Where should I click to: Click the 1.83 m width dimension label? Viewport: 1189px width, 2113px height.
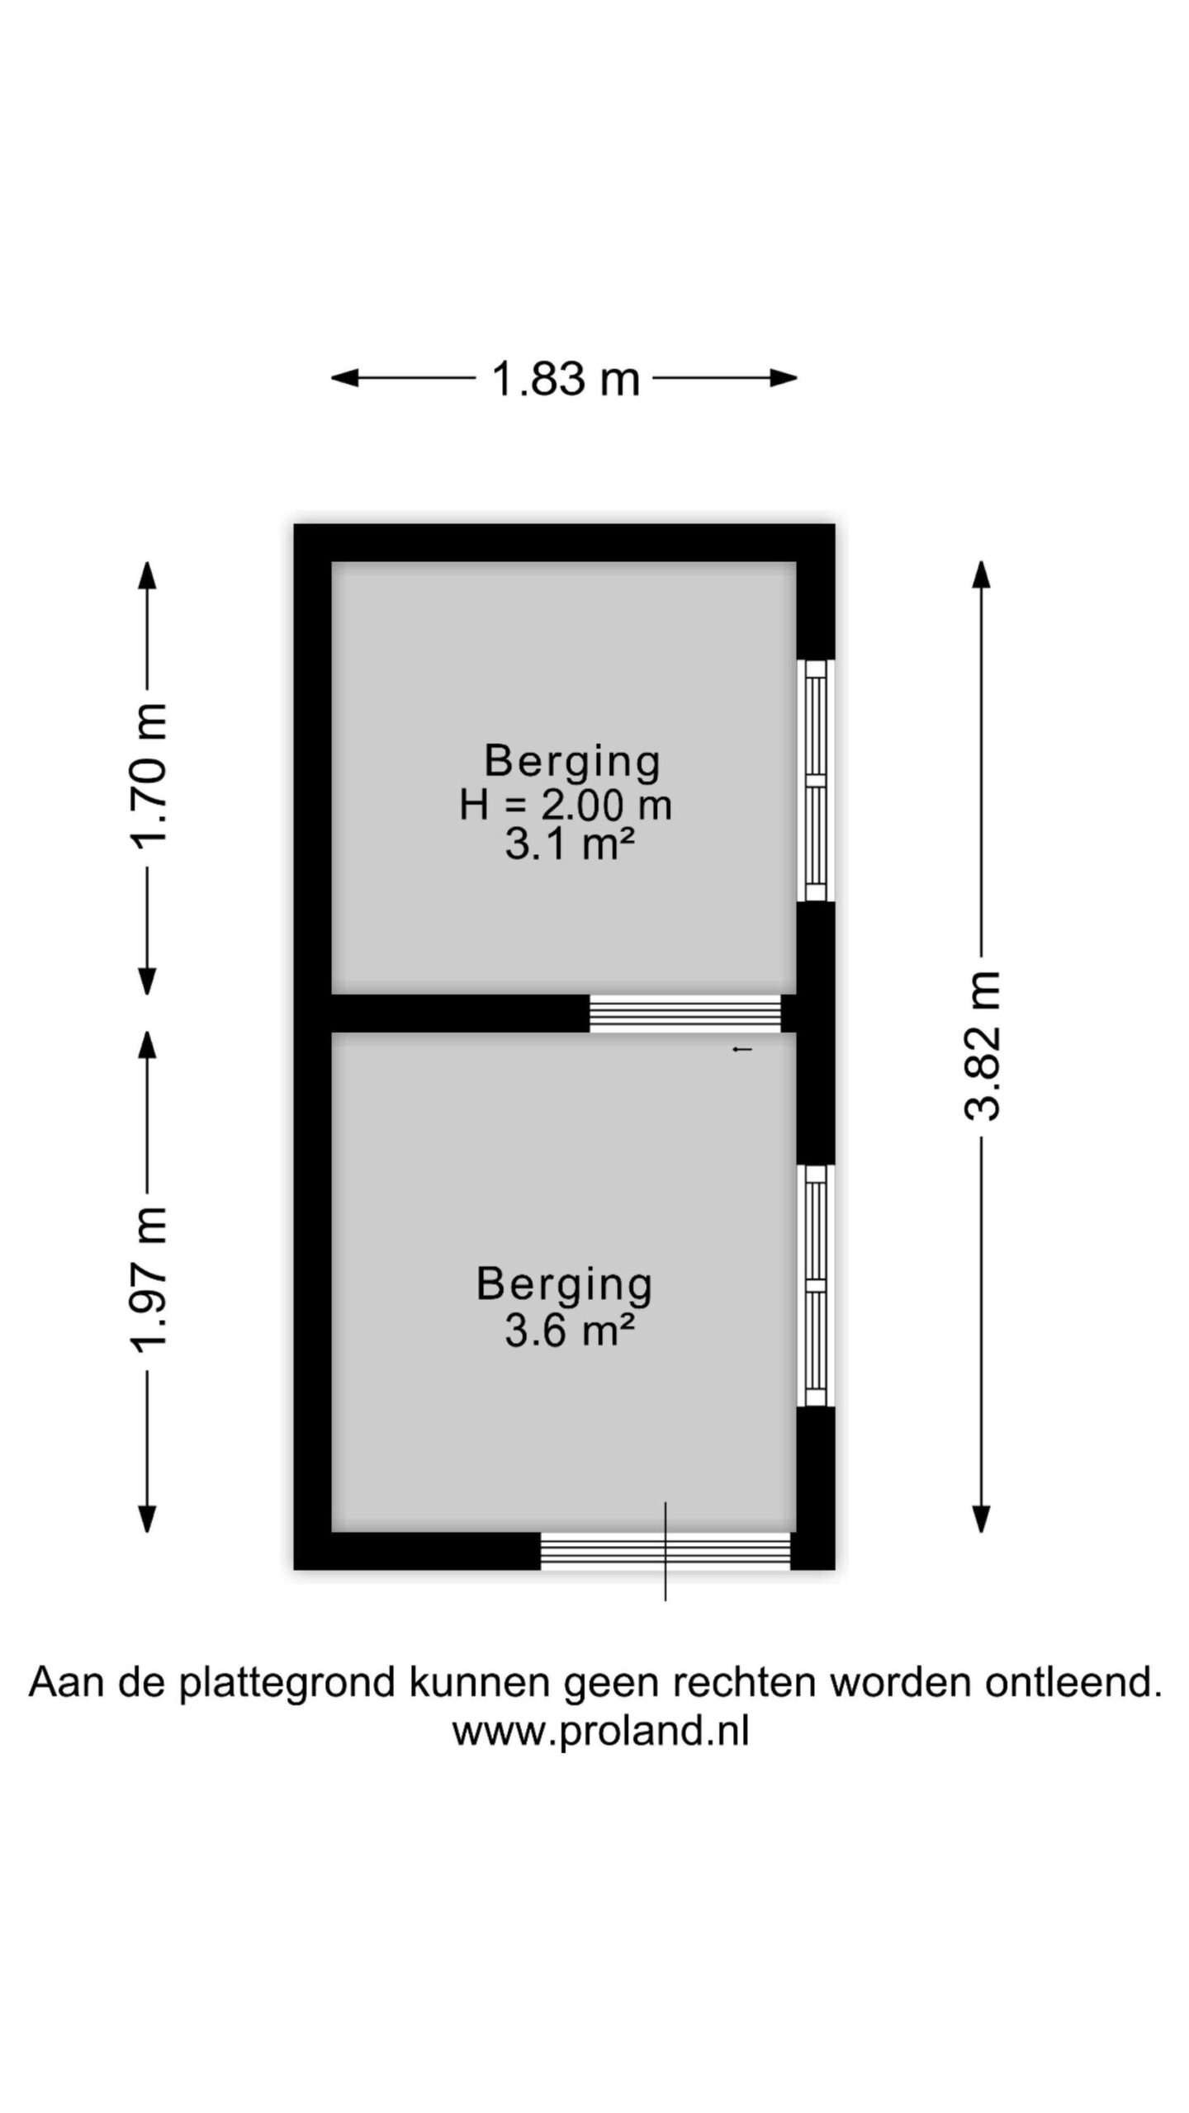pos(566,380)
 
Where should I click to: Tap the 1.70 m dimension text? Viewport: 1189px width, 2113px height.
pos(149,776)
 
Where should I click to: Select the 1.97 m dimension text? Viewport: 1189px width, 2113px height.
pos(149,1277)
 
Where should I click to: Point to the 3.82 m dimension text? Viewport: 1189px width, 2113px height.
pos(983,1045)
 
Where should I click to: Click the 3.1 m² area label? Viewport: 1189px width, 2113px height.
pos(569,845)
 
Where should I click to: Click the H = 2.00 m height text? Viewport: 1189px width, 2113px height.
pos(566,805)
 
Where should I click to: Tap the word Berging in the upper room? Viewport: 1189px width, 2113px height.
pos(572,761)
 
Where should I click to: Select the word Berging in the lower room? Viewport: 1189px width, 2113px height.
pos(565,1286)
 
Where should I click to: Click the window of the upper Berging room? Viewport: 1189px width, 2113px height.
pos(816,780)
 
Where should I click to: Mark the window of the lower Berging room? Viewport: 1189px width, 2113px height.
pos(816,1285)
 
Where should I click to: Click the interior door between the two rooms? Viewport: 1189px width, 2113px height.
pos(685,1014)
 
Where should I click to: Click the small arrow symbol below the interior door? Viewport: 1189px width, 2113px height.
pos(742,1049)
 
